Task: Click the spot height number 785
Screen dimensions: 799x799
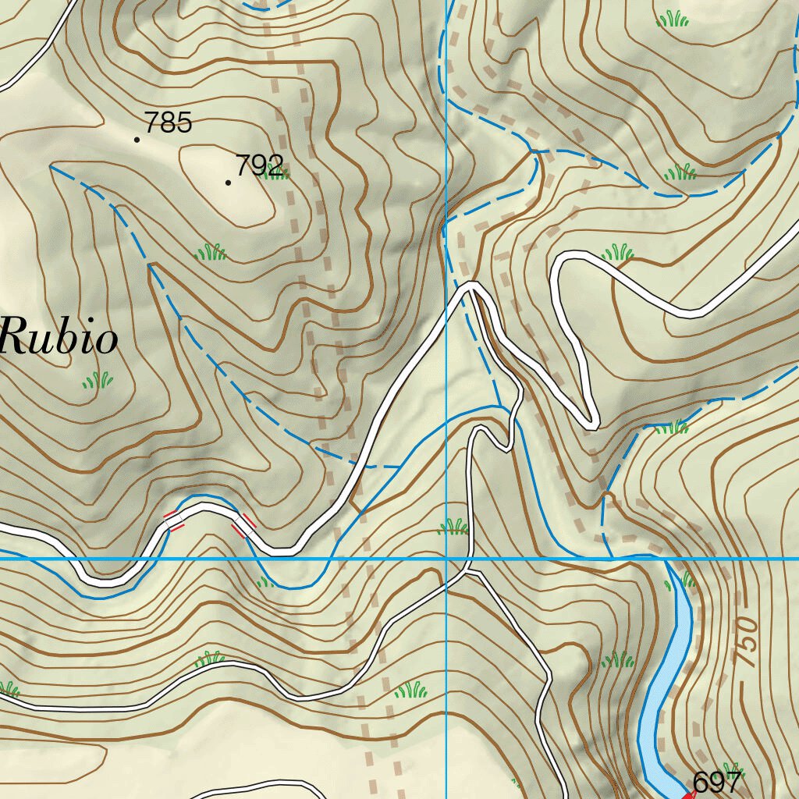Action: click(x=169, y=123)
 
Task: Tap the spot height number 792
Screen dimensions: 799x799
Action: click(x=258, y=165)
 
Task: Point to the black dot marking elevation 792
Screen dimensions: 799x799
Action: click(x=228, y=183)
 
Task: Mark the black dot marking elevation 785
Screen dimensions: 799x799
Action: click(x=137, y=140)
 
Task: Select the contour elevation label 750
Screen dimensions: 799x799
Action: click(x=746, y=641)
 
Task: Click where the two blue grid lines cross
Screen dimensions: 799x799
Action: click(x=446, y=559)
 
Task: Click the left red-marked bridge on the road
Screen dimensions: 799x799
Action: click(x=173, y=520)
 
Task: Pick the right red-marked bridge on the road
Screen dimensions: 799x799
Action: click(x=243, y=525)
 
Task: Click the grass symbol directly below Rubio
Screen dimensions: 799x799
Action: click(x=98, y=381)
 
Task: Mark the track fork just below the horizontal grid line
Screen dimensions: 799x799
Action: click(x=467, y=572)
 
